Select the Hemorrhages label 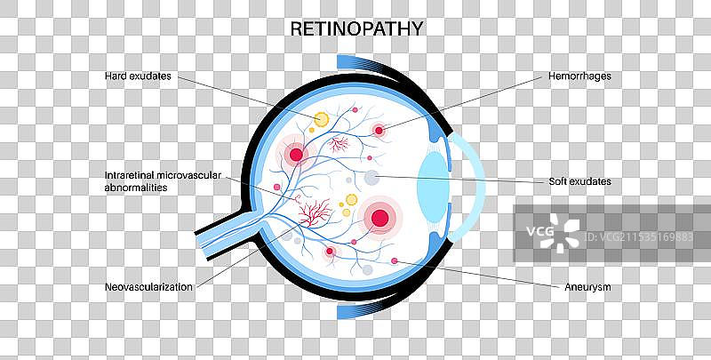pos(578,76)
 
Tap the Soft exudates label pos(579,181)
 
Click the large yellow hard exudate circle pos(321,118)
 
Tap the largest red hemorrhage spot pos(380,216)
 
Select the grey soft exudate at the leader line pos(372,180)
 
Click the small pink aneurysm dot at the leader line pos(395,260)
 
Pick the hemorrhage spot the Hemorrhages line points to pos(379,131)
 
